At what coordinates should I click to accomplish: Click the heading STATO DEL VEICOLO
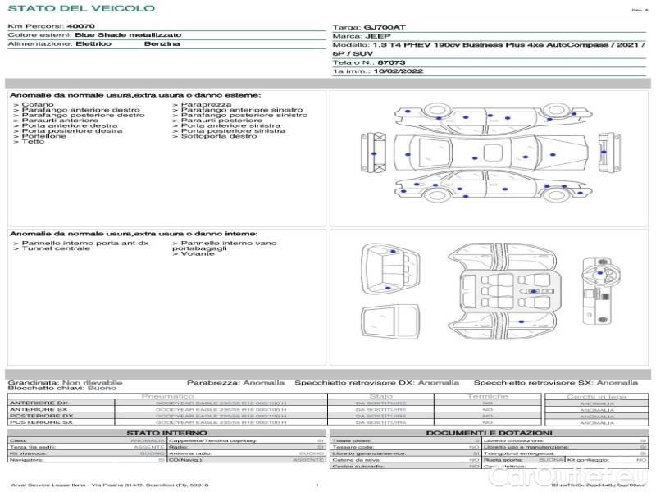(x=80, y=8)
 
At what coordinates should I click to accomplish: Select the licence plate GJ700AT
(x=385, y=27)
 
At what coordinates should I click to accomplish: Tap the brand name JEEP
(x=378, y=36)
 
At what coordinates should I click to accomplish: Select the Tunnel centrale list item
(x=50, y=248)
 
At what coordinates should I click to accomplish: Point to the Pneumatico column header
(x=167, y=396)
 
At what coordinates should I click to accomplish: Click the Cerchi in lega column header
(x=596, y=396)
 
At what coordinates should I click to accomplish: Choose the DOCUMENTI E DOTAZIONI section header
(x=489, y=432)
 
